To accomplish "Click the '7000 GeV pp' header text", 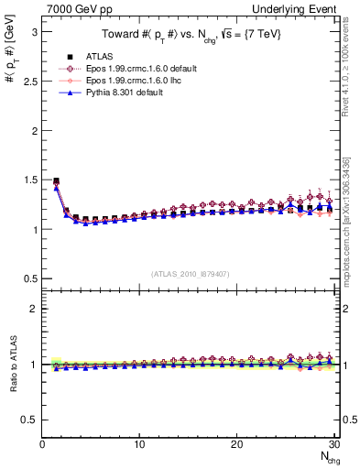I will (x=72, y=8).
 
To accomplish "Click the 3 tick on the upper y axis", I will (x=35, y=31).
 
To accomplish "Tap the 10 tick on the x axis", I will (x=139, y=444).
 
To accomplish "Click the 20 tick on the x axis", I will (x=236, y=444).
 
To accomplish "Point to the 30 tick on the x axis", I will (x=333, y=444).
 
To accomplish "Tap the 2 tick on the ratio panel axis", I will (x=35, y=309).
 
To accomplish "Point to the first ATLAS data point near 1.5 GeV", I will (x=56, y=180).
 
